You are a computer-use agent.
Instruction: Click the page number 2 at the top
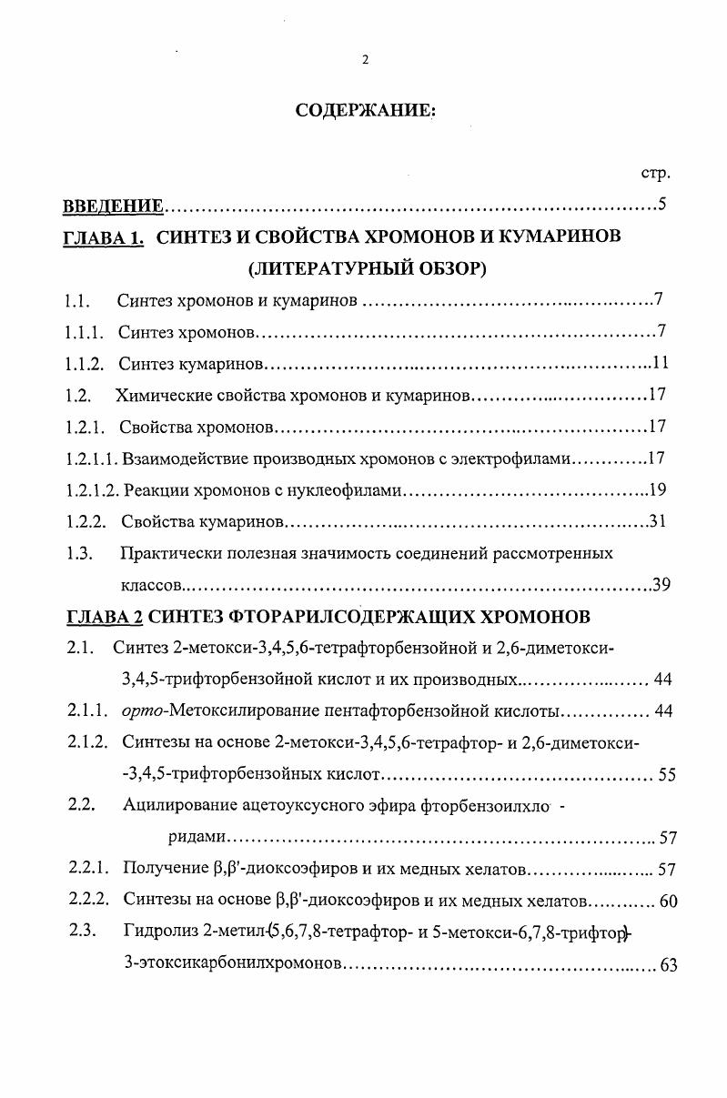click(365, 61)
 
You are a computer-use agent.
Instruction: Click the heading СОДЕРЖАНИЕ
click(366, 111)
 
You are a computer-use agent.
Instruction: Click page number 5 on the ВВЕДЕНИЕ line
click(663, 204)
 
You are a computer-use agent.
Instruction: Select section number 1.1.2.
click(84, 364)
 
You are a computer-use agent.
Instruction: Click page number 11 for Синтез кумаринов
click(661, 363)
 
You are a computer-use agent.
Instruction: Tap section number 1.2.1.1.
click(91, 458)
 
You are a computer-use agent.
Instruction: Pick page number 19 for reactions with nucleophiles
click(659, 490)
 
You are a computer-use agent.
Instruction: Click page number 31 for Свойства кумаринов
click(660, 521)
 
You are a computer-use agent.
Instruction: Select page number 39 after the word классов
click(661, 585)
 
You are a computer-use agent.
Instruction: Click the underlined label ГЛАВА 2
click(105, 618)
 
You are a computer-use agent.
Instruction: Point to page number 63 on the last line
click(668, 965)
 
